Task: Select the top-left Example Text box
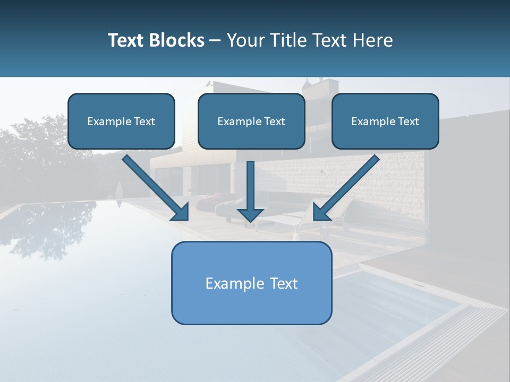tap(121, 121)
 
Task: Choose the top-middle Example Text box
tap(251, 121)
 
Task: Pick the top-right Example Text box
tap(385, 121)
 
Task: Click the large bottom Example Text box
tap(251, 283)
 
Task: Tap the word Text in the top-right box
tap(408, 121)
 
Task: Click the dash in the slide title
tap(215, 41)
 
